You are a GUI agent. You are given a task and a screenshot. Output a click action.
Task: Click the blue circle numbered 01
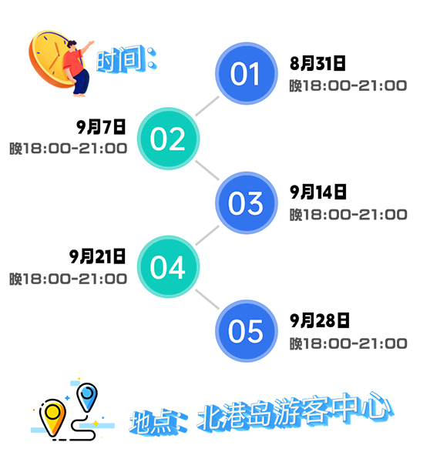tap(247, 73)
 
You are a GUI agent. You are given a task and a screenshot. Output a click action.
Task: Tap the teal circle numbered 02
tap(168, 139)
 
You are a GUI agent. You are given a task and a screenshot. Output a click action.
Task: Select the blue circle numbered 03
tap(247, 203)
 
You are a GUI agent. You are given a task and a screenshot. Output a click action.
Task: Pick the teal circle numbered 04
tap(168, 266)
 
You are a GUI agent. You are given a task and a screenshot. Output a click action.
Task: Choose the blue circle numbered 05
tap(247, 331)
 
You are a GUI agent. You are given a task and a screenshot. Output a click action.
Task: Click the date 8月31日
tap(317, 63)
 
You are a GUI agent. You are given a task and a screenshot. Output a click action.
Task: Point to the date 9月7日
tap(101, 127)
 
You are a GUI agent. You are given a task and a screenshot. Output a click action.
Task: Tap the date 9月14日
tap(318, 192)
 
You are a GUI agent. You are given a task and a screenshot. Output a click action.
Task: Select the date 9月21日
tap(97, 256)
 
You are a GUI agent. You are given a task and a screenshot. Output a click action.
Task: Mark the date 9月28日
tap(319, 320)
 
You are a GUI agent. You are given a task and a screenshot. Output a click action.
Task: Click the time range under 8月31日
tap(348, 85)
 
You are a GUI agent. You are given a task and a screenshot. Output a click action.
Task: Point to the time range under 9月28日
tap(348, 343)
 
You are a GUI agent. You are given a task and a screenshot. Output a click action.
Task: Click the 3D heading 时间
tap(126, 59)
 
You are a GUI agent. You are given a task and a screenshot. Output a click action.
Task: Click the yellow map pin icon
tap(52, 417)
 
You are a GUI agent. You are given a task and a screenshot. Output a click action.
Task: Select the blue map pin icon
tap(87, 397)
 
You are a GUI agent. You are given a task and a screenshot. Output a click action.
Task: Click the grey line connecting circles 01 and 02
tap(207, 106)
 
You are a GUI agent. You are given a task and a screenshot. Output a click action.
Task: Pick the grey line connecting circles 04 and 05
tap(207, 299)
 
